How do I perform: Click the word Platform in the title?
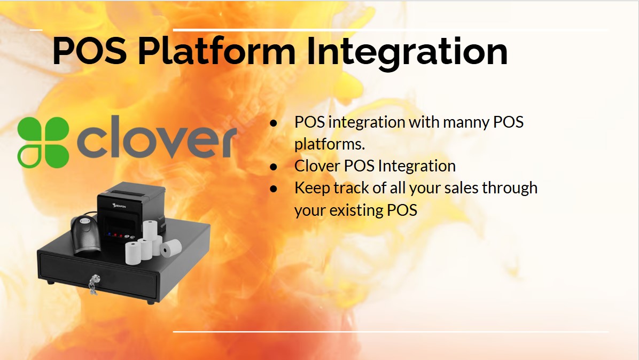coord(216,51)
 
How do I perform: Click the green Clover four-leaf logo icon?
coord(43,142)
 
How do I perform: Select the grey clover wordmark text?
coord(157,137)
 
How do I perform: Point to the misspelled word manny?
coord(466,122)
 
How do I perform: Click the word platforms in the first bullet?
coord(329,144)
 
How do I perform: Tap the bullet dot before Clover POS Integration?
coord(274,167)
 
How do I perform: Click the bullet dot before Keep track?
coord(274,189)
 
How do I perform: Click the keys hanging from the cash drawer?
coord(93,284)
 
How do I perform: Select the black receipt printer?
coord(131,212)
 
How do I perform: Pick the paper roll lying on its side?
coord(171,247)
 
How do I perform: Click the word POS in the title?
coord(90,51)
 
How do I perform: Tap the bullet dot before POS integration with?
coord(274,122)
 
